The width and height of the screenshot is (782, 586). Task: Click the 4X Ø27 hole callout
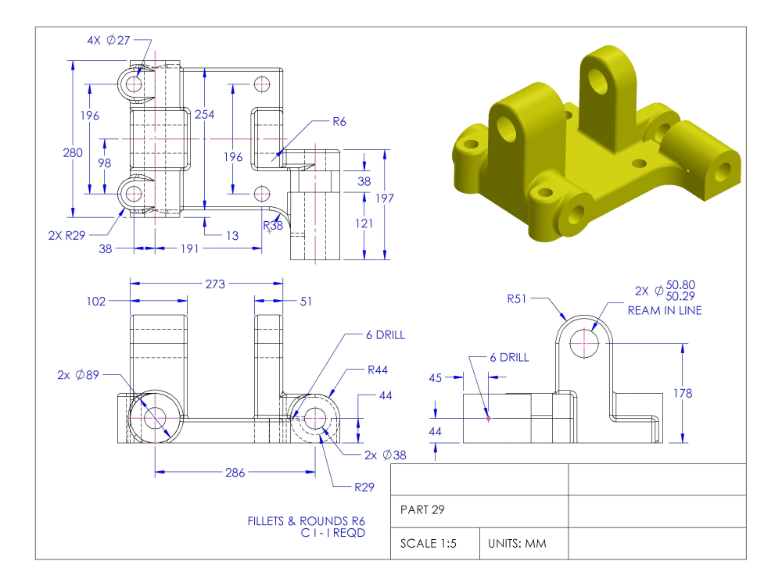[109, 40]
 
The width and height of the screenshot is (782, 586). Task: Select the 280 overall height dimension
[73, 153]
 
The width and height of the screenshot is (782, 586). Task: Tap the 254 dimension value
[204, 115]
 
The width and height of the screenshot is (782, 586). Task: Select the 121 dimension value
[364, 223]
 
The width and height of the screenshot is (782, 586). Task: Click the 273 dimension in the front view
[214, 284]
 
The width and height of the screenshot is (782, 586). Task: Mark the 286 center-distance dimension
[235, 472]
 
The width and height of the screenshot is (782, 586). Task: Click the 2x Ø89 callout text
[78, 375]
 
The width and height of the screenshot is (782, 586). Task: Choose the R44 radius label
[378, 370]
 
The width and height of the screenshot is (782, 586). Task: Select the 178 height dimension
[682, 394]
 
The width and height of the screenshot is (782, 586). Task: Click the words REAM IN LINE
[665, 310]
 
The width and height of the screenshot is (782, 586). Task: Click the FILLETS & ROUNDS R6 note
[307, 521]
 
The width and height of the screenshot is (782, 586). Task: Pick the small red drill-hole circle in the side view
[489, 418]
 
